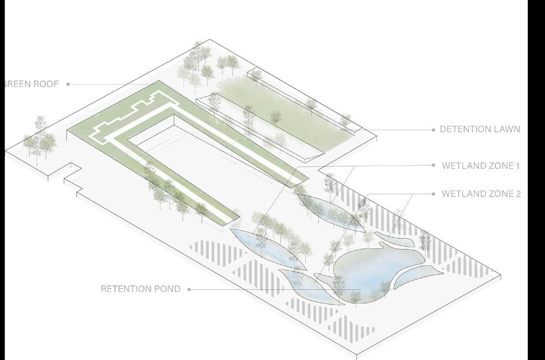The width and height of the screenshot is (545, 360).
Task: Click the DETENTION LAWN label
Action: pyautogui.click(x=479, y=129)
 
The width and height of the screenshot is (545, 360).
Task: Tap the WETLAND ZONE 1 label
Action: pyautogui.click(x=480, y=166)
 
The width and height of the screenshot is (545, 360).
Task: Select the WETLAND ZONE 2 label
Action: pyautogui.click(x=481, y=194)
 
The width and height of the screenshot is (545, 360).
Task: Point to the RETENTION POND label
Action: pyautogui.click(x=141, y=289)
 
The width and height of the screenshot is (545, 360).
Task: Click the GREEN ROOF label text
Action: pyautogui.click(x=31, y=84)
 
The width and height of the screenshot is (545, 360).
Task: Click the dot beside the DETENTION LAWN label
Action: pyautogui.click(x=434, y=130)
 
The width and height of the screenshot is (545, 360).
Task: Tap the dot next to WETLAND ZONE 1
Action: pyautogui.click(x=434, y=166)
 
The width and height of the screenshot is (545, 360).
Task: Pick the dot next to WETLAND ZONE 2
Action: pyautogui.click(x=434, y=194)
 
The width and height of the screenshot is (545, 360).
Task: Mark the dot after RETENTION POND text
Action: pyautogui.click(x=189, y=289)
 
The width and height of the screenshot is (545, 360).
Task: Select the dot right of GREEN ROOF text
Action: pyautogui.click(x=68, y=84)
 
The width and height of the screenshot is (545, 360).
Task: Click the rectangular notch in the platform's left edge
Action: pyautogui.click(x=72, y=173)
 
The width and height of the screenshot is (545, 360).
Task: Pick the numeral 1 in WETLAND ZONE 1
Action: pyautogui.click(x=517, y=166)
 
